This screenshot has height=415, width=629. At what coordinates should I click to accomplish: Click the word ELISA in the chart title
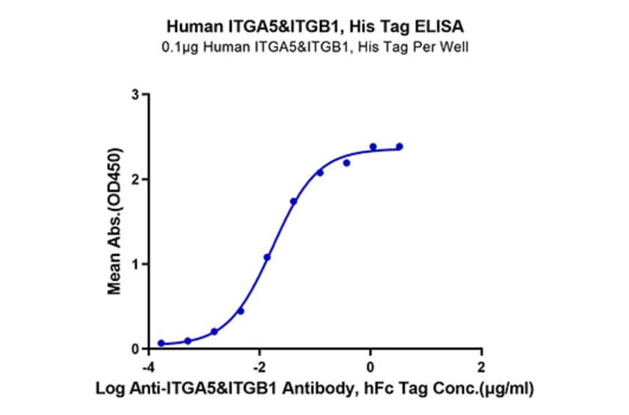click(x=438, y=27)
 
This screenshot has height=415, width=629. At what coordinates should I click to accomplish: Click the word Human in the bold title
click(x=191, y=27)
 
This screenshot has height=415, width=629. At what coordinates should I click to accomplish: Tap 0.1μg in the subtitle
click(x=182, y=47)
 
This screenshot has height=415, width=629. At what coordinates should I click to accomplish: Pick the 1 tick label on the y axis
click(x=136, y=264)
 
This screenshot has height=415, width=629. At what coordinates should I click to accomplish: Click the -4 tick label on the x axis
click(x=147, y=367)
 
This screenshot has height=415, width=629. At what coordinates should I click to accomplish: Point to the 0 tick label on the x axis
click(x=370, y=367)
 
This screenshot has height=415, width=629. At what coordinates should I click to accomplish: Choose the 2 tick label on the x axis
click(x=481, y=367)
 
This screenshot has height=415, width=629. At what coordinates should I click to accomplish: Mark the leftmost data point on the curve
click(x=161, y=343)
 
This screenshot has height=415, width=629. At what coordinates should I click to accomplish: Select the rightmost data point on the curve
click(x=400, y=147)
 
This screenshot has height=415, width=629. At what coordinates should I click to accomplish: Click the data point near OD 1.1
click(x=267, y=257)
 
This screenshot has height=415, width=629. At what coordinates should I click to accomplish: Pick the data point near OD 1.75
click(x=294, y=201)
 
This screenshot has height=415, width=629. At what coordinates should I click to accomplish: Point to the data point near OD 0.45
click(x=240, y=311)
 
